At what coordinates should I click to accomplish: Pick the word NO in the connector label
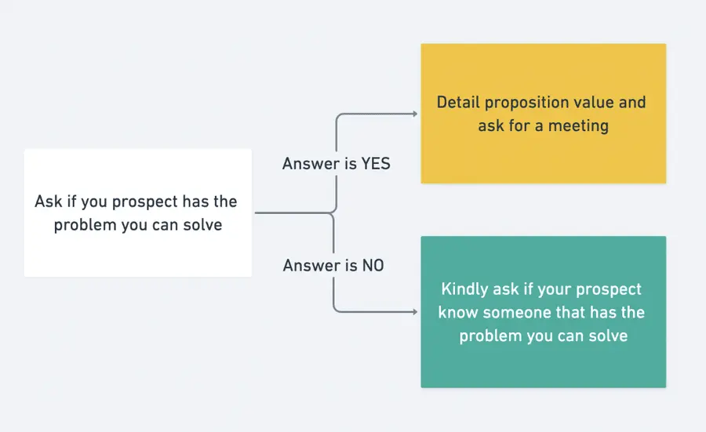373,266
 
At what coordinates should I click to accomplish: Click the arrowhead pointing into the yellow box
414,114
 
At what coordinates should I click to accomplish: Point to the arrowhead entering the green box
414,312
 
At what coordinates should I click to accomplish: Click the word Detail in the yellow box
458,102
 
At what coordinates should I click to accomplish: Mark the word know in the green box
456,312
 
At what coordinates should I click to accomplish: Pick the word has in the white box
196,201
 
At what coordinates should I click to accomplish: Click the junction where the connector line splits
335,212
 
